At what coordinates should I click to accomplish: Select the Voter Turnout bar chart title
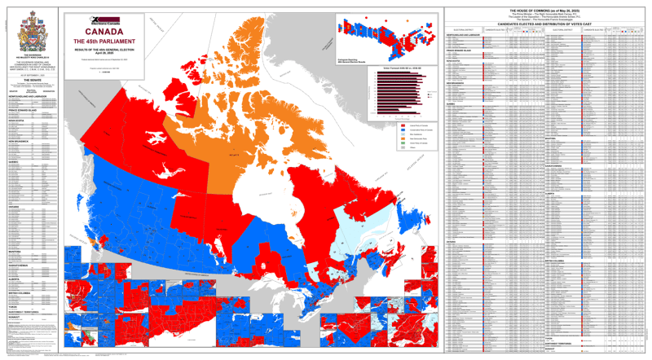pos(399,68)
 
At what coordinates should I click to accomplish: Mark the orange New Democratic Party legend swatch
pos(406,142)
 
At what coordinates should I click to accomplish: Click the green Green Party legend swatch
pos(406,147)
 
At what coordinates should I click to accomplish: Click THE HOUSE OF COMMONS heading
pos(545,10)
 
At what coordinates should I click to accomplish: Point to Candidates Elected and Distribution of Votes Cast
pos(545,26)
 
